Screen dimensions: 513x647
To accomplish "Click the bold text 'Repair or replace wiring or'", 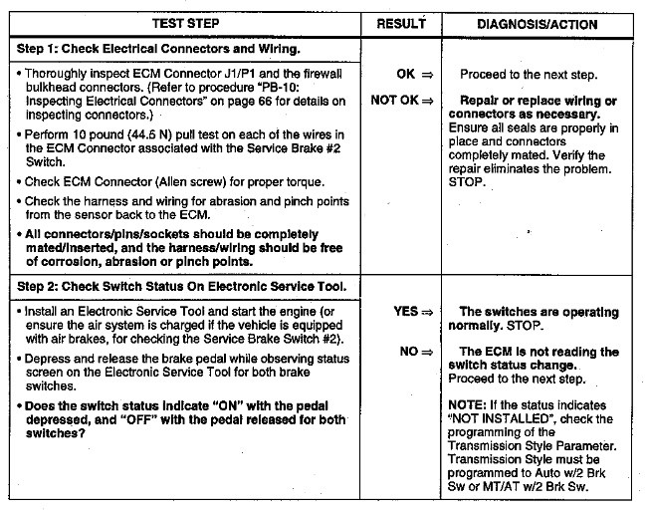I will [x=539, y=102].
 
